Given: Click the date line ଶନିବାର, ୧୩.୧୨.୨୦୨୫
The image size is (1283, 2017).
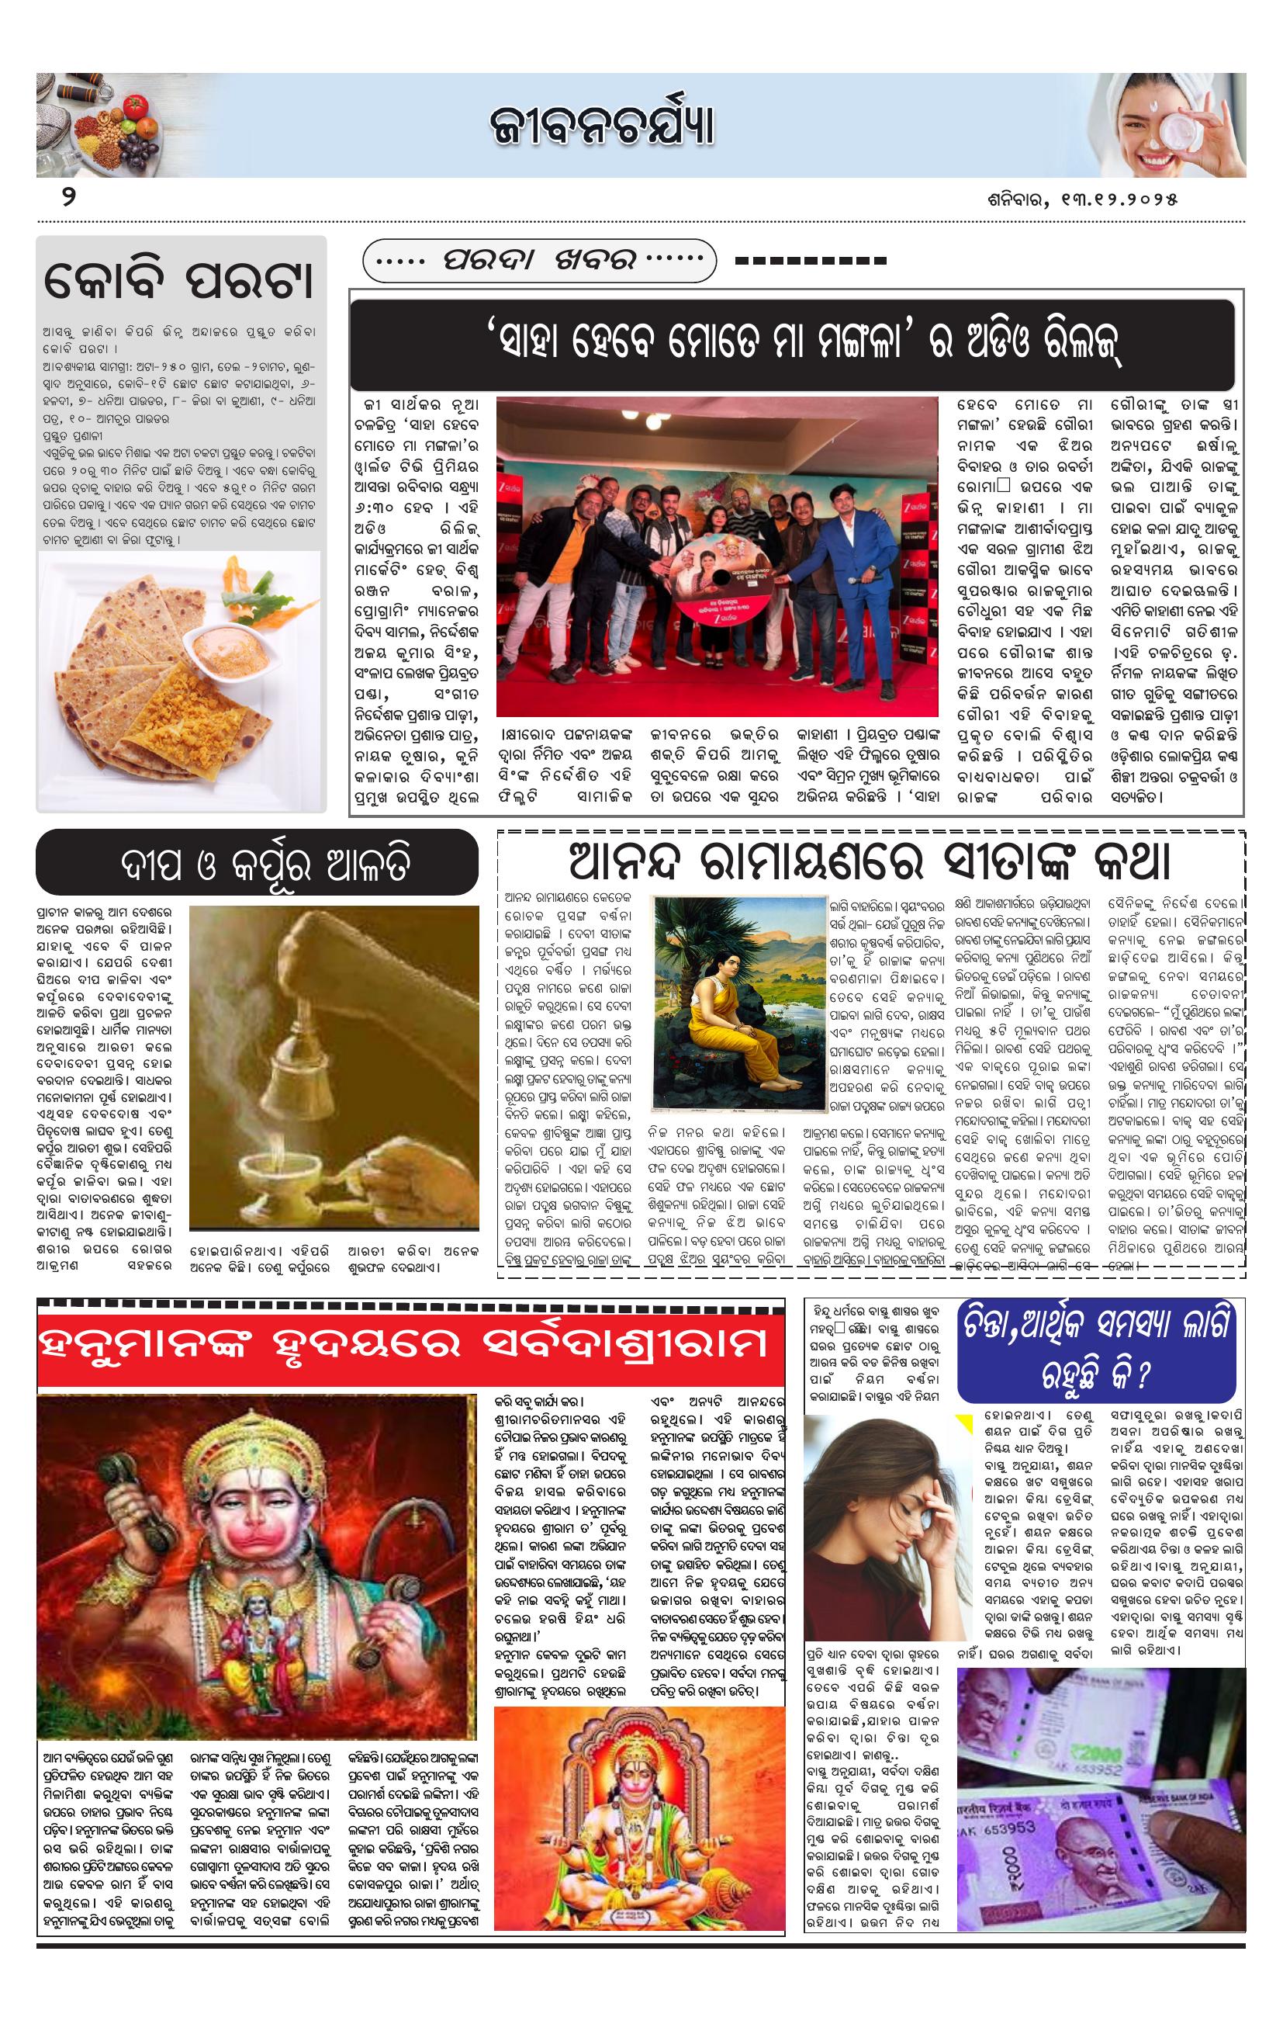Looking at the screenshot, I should click(x=1082, y=199).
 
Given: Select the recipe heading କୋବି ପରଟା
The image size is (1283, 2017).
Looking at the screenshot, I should click(x=178, y=281).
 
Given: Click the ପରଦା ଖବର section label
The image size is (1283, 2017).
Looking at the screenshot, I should click(x=539, y=261).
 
